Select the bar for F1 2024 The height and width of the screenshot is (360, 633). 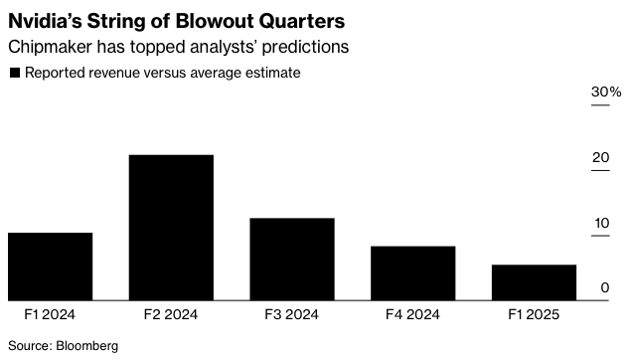(50, 267)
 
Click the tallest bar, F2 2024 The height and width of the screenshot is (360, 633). (171, 228)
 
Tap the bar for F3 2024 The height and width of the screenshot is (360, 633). (292, 260)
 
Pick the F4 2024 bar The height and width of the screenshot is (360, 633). (413, 273)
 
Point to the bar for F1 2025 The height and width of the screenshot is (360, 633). (534, 282)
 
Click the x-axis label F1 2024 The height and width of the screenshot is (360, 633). (50, 314)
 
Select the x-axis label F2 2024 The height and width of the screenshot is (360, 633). (171, 314)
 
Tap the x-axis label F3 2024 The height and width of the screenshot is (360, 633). (291, 314)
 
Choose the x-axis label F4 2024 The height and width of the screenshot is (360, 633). (412, 314)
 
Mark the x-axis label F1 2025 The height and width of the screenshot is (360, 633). (534, 314)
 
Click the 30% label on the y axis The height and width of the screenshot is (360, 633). (606, 92)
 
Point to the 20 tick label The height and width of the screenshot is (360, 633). (600, 157)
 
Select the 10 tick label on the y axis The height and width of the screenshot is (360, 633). (601, 223)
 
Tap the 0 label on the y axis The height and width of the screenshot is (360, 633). (605, 287)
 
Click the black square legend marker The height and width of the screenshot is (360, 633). (15, 73)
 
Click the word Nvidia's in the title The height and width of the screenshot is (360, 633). (45, 21)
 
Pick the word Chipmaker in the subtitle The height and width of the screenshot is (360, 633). (50, 47)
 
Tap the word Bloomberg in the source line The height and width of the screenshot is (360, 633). (87, 346)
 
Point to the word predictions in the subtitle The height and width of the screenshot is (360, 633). (306, 47)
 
